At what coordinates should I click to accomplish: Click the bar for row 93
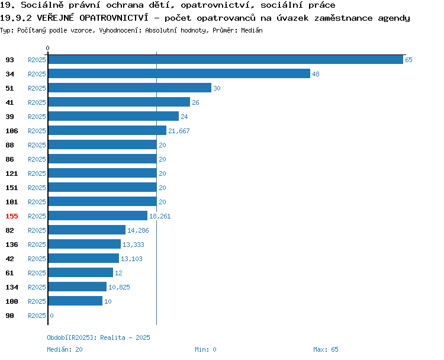tap(226, 59)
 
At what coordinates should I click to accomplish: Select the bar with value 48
tap(179, 73)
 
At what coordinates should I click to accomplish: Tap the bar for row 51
tap(130, 88)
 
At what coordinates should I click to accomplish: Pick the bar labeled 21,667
tap(107, 131)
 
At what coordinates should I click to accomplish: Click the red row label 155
tap(12, 216)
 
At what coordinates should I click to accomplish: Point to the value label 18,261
tap(160, 216)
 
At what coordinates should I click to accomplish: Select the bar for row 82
tap(87, 230)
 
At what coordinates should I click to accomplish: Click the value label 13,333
tap(133, 245)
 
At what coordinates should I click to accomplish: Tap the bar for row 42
tap(83, 258)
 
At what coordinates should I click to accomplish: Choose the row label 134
tap(12, 287)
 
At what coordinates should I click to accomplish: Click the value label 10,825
tap(119, 287)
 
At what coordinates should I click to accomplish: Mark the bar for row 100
tap(75, 301)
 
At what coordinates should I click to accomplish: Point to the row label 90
tap(9, 316)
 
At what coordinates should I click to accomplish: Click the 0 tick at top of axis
tap(47, 48)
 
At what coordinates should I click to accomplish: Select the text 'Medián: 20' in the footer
tap(65, 349)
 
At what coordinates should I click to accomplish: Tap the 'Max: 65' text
tap(326, 349)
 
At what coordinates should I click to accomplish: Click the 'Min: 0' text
tap(205, 349)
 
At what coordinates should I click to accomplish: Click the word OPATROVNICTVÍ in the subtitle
tap(114, 18)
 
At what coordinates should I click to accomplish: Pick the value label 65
tap(408, 60)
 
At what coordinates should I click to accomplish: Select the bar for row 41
tap(119, 102)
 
